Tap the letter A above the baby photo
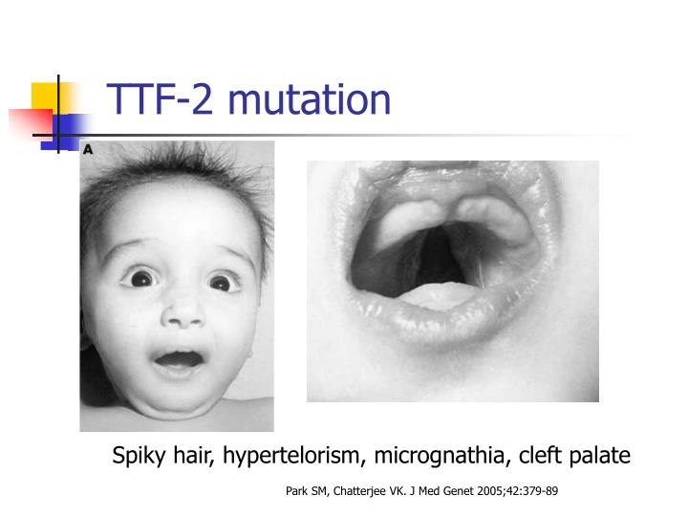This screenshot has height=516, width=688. click(88, 149)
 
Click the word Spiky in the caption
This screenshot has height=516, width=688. click(139, 456)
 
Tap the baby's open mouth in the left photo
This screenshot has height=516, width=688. click(180, 361)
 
